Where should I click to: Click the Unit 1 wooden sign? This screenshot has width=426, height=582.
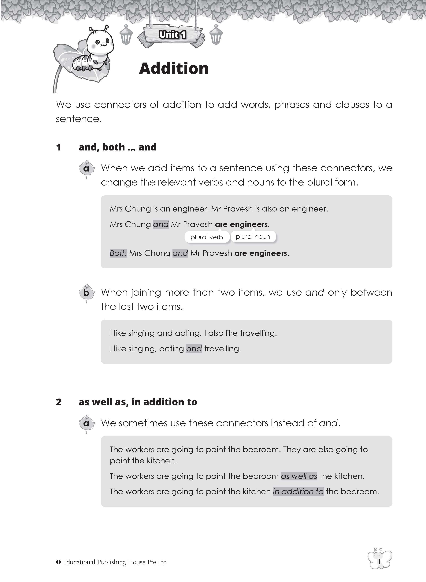[172, 35]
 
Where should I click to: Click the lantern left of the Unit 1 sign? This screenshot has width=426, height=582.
[126, 35]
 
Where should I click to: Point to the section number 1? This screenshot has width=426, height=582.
[59, 147]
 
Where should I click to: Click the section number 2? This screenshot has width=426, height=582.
[59, 402]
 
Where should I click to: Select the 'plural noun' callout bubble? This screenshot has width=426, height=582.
[253, 237]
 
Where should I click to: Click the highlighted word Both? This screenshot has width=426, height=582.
[118, 253]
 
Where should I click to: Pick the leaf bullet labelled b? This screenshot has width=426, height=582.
[86, 293]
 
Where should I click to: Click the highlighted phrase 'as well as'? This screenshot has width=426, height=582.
[299, 476]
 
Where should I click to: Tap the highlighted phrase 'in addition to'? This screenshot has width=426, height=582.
[298, 492]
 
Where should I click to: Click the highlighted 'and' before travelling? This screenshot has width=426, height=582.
[194, 349]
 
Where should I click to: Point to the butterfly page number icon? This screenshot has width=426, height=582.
[379, 561]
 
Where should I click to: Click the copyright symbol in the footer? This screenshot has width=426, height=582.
[58, 562]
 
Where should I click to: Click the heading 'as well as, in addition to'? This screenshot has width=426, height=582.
[138, 402]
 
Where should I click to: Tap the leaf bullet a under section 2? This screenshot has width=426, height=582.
[86, 423]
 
